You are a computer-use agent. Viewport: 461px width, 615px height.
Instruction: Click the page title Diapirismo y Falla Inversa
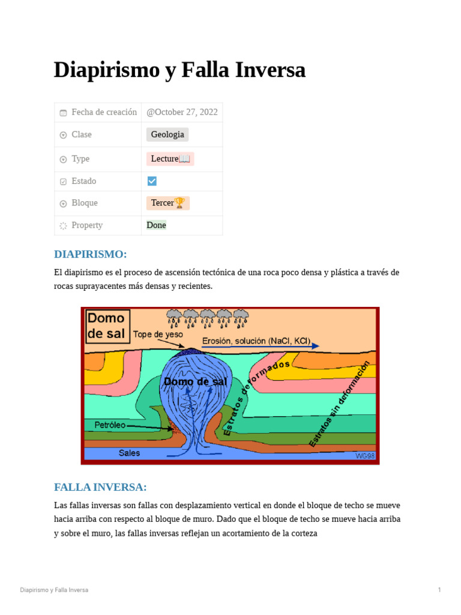(179, 70)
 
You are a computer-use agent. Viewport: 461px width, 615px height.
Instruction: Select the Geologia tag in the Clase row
(167, 135)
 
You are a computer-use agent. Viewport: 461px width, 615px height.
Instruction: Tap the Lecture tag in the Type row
(170, 159)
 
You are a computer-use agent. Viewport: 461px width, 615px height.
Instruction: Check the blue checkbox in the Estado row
(152, 181)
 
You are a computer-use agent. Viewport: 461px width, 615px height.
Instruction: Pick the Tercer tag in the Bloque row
(167, 203)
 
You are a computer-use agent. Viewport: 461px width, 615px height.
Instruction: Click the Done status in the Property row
(156, 225)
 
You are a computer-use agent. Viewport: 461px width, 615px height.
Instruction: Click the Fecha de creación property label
(104, 112)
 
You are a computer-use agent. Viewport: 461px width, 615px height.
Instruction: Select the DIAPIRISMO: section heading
(90, 254)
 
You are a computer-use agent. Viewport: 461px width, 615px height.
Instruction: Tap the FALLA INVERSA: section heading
(100, 487)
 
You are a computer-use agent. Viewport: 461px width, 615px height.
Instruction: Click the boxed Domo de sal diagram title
(106, 326)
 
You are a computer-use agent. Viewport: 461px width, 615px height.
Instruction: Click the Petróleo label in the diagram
(110, 425)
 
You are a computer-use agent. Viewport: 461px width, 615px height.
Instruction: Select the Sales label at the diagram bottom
(129, 453)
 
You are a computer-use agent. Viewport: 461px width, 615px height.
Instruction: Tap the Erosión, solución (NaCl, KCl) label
(256, 341)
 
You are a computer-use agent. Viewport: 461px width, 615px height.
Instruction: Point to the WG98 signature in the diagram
(365, 456)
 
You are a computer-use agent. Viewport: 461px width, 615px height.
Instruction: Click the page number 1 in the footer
(439, 590)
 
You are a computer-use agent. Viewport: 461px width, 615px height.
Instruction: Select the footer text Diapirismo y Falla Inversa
(54, 590)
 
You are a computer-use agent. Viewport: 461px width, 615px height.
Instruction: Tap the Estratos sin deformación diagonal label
(339, 404)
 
